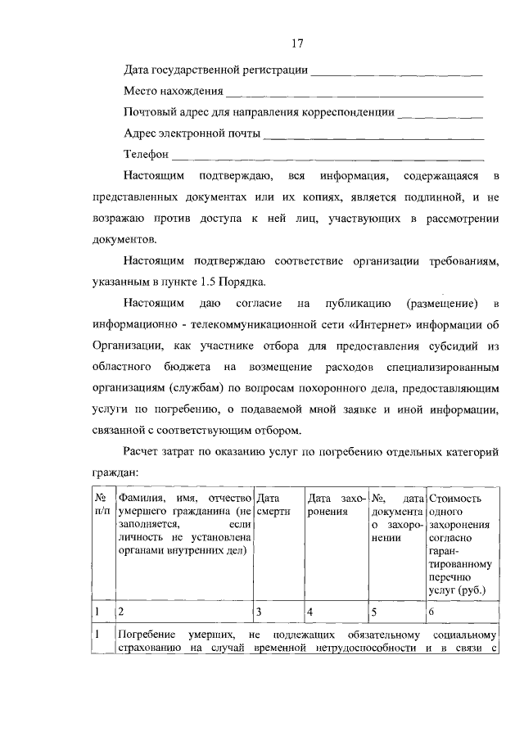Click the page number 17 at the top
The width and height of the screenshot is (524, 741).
(296, 43)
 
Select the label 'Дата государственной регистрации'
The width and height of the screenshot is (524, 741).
(215, 70)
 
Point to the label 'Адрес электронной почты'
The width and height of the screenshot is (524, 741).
(192, 133)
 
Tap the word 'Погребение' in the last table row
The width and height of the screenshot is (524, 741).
(146, 637)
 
